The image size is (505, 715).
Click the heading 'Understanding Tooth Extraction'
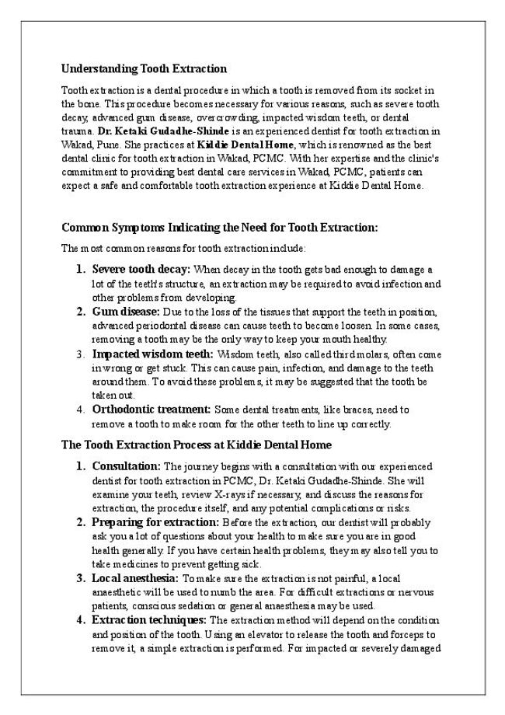[x=144, y=68]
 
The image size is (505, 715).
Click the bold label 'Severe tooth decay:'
[x=141, y=269]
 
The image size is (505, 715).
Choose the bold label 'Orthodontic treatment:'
[x=151, y=409]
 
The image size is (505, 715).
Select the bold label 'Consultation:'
[x=126, y=466]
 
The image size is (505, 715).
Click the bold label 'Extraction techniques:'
[x=149, y=620]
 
